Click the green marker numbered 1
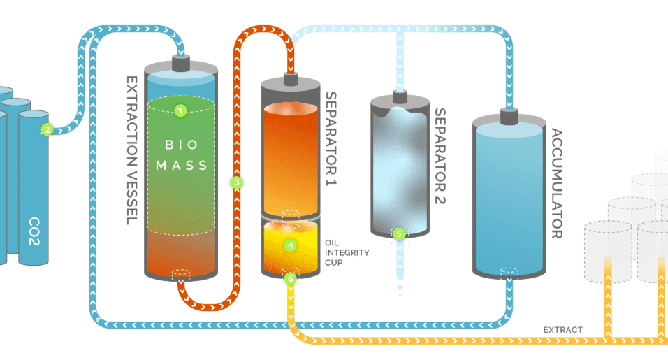181,110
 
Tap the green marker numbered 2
47,129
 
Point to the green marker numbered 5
399,234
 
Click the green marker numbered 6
291,278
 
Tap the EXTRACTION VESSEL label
130,150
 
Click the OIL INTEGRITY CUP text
347,252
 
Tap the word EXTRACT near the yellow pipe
562,329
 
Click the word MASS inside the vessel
182,166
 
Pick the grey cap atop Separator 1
291,78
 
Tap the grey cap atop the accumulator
507,115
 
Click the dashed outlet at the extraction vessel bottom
181,273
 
